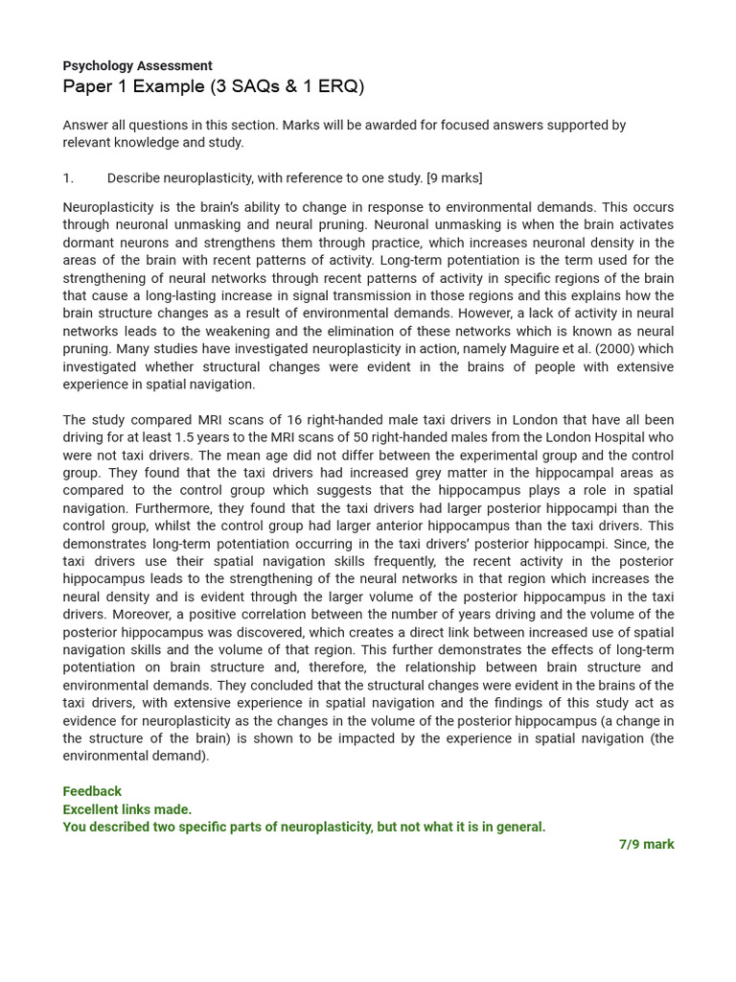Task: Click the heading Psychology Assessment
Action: [x=137, y=66]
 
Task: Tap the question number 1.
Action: [x=68, y=178]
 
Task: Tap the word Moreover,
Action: [x=126, y=615]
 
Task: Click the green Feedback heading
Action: [x=92, y=792]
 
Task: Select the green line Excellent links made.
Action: [x=126, y=809]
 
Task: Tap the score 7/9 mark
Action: [x=646, y=845]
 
